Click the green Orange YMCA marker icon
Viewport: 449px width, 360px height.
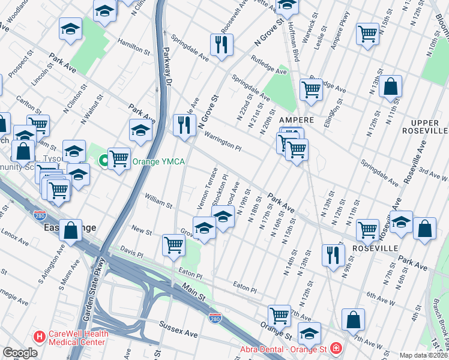coord(104,160)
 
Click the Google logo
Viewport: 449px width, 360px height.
coord(20,353)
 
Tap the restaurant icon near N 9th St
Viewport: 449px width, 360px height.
coord(333,254)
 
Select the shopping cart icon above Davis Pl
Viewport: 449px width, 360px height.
coord(173,244)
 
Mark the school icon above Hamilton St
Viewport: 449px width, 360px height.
coord(70,28)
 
